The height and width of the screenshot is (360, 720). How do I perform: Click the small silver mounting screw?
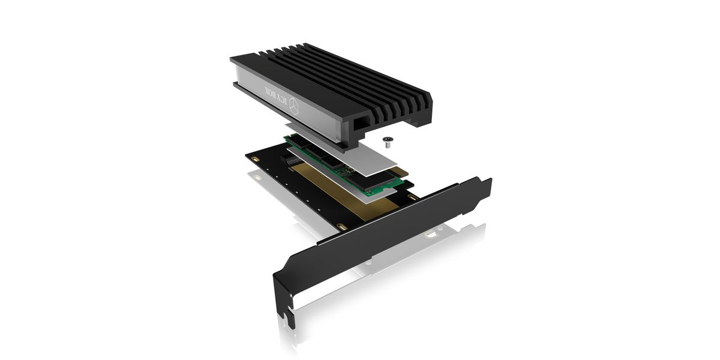388,142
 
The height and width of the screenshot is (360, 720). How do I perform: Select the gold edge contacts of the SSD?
400,172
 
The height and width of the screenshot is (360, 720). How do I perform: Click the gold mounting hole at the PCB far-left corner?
254,159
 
